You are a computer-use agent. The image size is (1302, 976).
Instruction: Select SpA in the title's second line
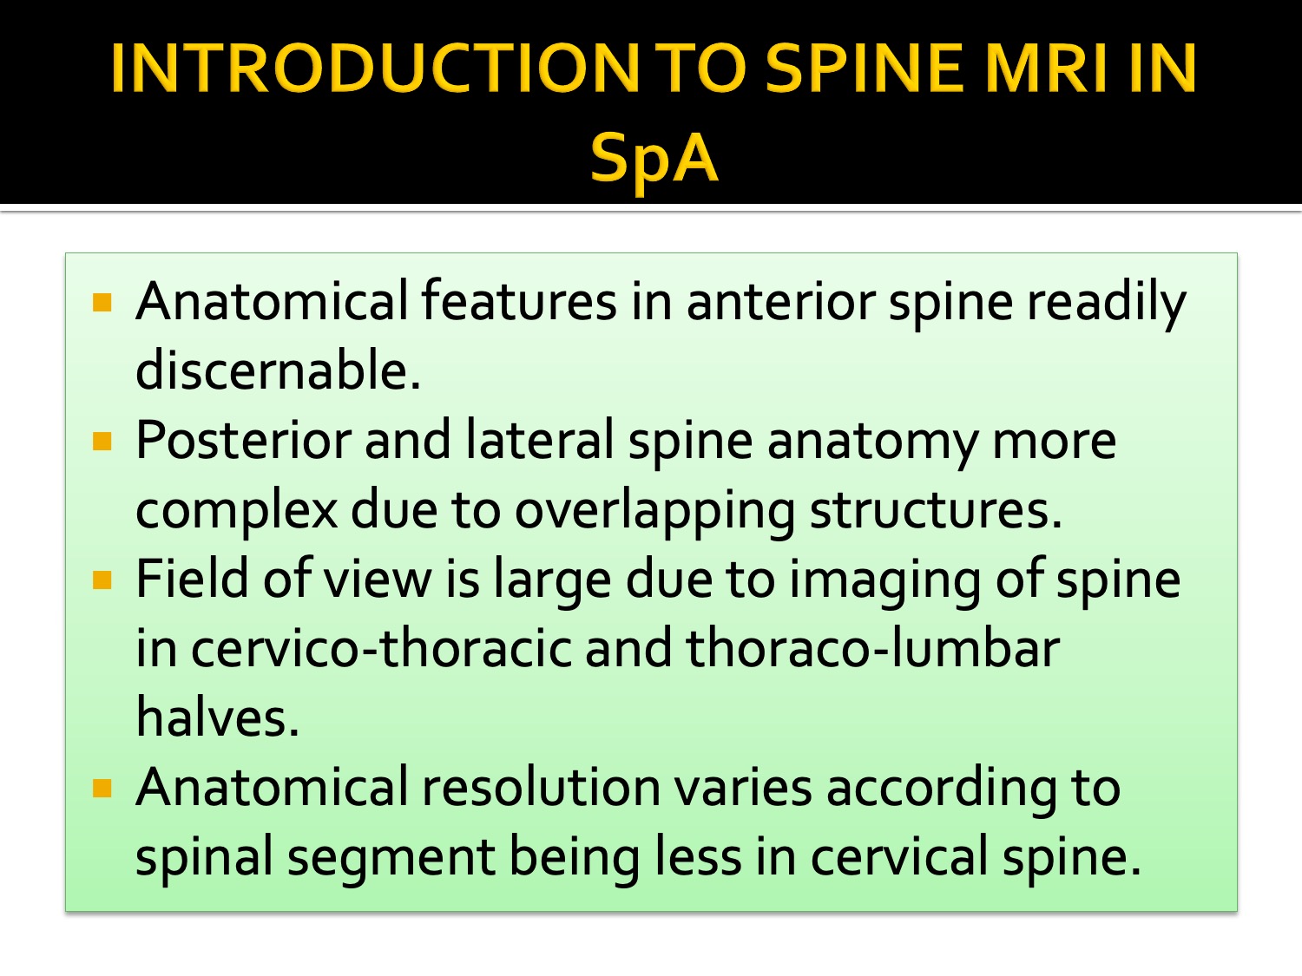point(654,158)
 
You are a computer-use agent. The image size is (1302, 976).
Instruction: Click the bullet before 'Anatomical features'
point(103,303)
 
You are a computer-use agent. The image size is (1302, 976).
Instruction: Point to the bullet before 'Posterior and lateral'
point(103,442)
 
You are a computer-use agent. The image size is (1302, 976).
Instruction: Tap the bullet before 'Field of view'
point(103,580)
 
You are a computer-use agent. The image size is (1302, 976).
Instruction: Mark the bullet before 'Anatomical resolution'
point(103,788)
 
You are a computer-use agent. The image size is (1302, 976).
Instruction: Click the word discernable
point(278,370)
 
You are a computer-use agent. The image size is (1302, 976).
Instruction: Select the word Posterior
point(243,440)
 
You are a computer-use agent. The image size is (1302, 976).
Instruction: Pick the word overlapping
point(655,511)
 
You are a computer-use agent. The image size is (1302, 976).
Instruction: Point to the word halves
point(217,718)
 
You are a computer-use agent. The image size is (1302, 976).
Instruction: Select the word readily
point(1106,303)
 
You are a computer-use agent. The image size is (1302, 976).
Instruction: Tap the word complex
point(236,511)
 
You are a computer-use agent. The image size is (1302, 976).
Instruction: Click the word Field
point(193,579)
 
